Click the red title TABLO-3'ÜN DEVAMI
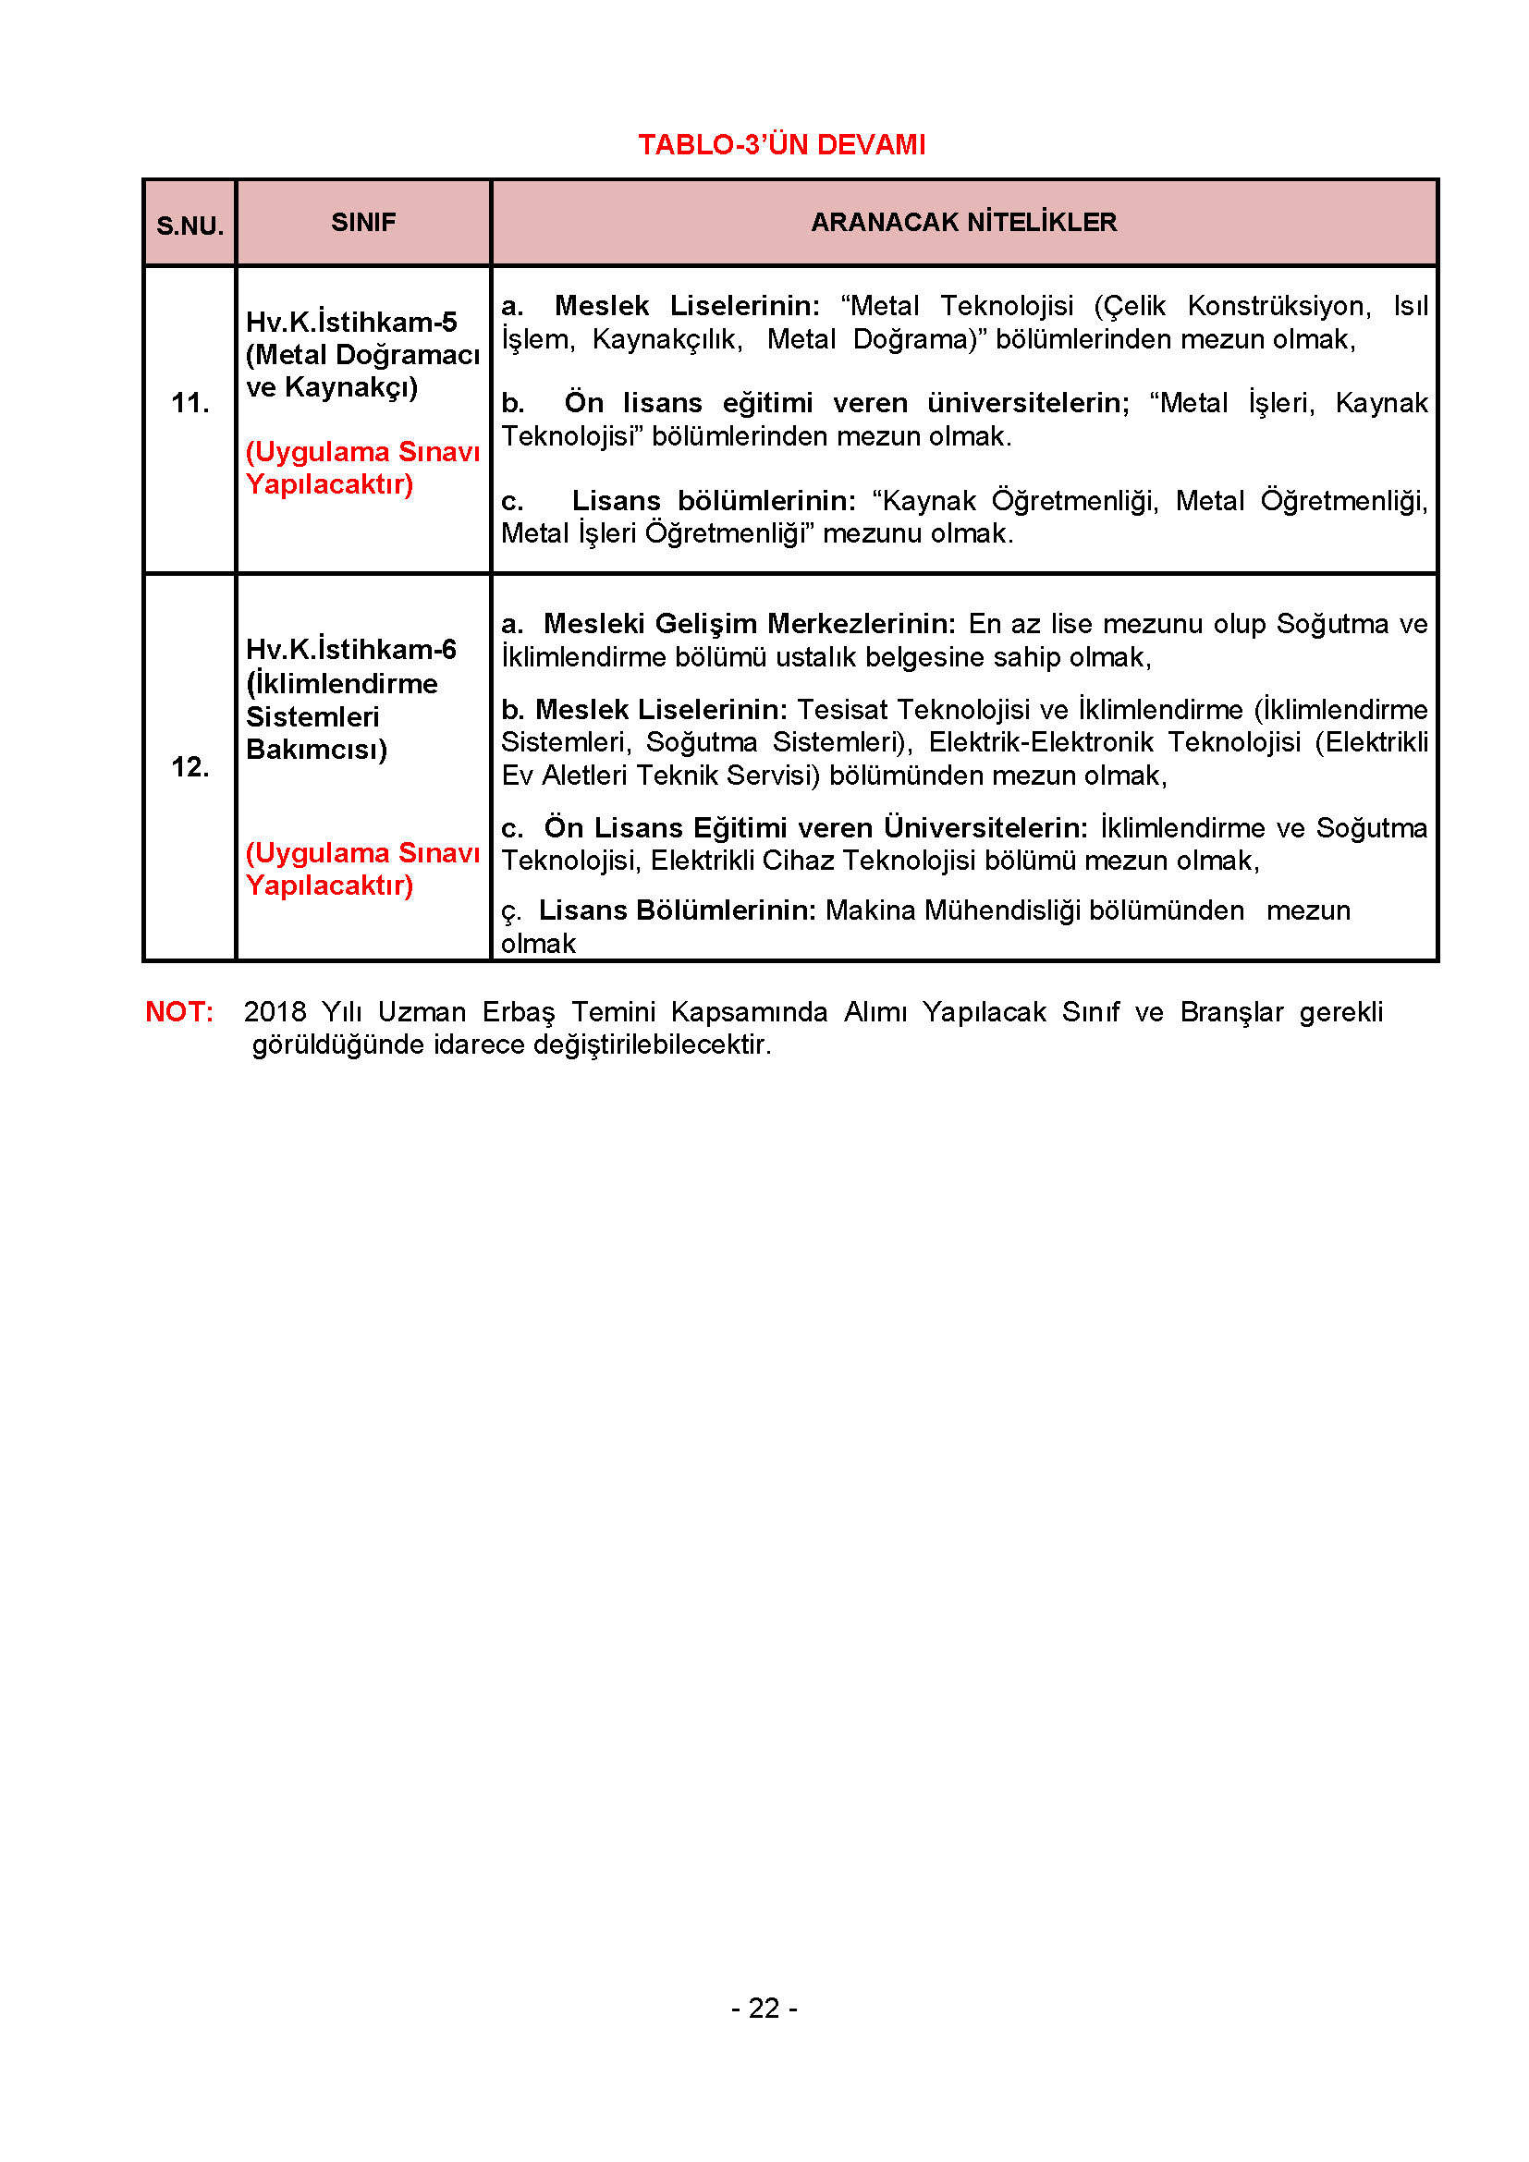tap(781, 145)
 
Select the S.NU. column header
tap(190, 226)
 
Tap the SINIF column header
tap(363, 222)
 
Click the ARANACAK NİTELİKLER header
tap(963, 222)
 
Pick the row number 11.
tap(190, 403)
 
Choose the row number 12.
tap(190, 766)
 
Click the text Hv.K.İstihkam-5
tap(351, 322)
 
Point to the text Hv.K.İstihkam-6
tap(351, 649)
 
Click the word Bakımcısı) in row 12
tap(316, 750)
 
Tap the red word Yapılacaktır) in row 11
tap(329, 484)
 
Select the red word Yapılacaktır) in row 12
tap(329, 886)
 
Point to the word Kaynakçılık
tap(667, 339)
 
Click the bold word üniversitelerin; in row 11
tap(1028, 403)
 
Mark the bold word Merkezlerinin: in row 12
tap(862, 623)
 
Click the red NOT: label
tap(179, 1011)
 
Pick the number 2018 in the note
tap(275, 1011)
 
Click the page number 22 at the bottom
tap(764, 2009)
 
